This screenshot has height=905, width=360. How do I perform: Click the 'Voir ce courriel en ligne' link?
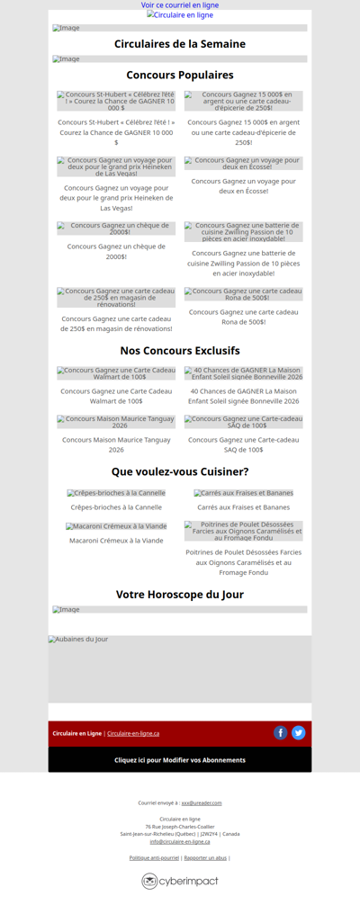(x=180, y=5)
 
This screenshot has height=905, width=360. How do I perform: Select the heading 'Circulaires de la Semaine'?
(x=180, y=44)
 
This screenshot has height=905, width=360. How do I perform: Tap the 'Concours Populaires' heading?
(x=180, y=76)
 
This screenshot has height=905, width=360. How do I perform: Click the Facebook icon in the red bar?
(x=281, y=733)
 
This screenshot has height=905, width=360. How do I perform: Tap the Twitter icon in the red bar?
(x=299, y=733)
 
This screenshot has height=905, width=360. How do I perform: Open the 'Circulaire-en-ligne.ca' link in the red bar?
(x=133, y=734)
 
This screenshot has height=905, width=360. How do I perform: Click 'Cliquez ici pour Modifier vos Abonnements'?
(x=180, y=760)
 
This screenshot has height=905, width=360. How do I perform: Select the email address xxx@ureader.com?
(x=202, y=802)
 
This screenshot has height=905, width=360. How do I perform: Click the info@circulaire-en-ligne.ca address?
(x=180, y=841)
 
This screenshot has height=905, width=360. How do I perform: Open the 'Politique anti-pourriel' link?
(x=154, y=858)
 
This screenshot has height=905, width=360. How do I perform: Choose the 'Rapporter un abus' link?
(x=206, y=858)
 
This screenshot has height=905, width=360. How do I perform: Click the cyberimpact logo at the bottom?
(x=180, y=882)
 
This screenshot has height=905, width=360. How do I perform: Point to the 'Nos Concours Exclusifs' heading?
(x=180, y=351)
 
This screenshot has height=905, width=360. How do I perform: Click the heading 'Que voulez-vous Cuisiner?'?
(x=180, y=471)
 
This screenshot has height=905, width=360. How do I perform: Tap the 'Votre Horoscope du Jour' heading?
(x=180, y=595)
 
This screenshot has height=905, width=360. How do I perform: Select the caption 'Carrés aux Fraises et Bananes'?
(x=244, y=507)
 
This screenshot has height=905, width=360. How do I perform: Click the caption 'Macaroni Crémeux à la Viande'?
(x=116, y=541)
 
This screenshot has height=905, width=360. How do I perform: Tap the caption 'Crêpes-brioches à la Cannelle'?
(x=116, y=507)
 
